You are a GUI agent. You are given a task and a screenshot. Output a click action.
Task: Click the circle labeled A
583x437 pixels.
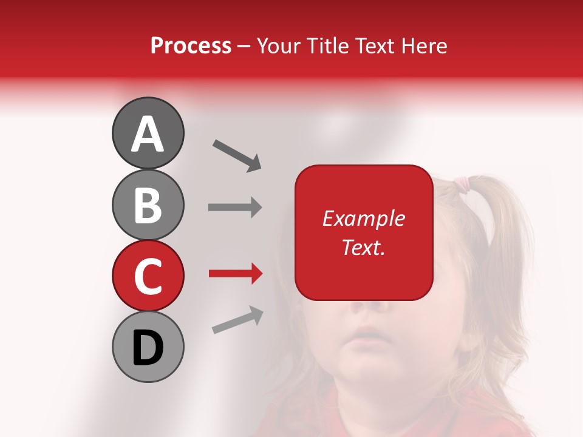148,133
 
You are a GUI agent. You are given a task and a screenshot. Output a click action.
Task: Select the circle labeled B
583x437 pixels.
148,205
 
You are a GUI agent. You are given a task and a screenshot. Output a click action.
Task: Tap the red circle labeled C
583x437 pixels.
148,276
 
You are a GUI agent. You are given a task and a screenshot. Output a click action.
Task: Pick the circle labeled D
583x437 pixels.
148,347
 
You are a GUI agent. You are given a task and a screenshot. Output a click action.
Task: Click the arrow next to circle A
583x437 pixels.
237,155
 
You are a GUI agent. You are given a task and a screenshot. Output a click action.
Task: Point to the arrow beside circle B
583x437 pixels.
235,208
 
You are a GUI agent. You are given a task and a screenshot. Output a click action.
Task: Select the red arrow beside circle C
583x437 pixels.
235,274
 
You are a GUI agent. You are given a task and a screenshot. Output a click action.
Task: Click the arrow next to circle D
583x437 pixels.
237,320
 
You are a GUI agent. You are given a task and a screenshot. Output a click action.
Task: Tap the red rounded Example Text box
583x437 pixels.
364,232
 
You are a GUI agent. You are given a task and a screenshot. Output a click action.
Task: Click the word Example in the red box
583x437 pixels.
364,218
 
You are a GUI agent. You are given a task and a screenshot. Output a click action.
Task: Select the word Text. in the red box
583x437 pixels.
363,247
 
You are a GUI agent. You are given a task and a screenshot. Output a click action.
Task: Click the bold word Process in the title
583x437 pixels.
191,46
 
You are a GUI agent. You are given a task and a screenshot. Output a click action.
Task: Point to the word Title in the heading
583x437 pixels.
329,46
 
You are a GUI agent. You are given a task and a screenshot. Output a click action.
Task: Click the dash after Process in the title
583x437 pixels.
244,46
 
